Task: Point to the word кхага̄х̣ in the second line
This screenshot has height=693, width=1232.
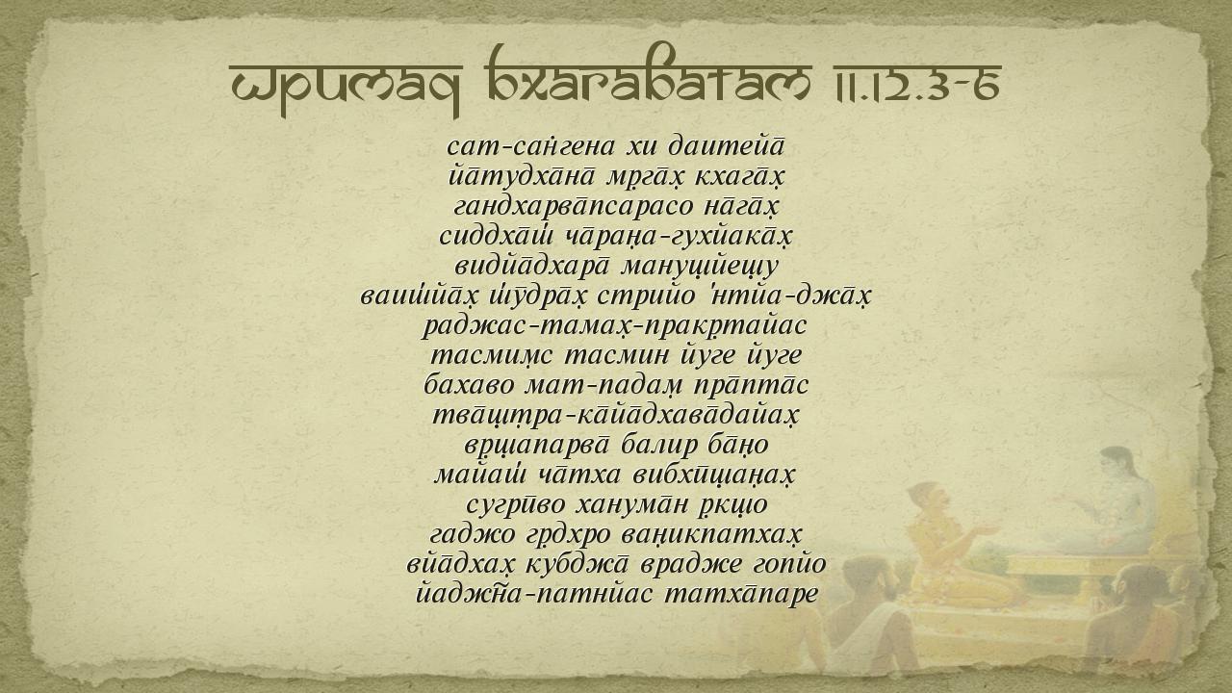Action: point(739,178)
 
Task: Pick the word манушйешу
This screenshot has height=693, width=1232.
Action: point(700,268)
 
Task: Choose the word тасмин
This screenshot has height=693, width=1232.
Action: point(617,356)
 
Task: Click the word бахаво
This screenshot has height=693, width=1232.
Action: point(469,386)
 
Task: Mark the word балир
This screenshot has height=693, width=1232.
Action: point(659,446)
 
